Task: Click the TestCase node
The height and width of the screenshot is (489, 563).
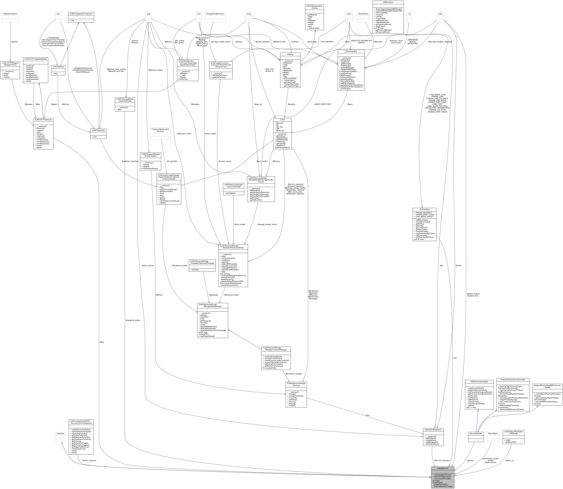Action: [x=60, y=433]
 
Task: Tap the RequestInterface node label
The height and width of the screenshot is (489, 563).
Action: [x=10, y=14]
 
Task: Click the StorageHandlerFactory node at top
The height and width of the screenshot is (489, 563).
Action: [x=215, y=14]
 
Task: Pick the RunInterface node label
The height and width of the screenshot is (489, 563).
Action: [x=363, y=14]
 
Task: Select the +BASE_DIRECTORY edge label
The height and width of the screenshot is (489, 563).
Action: [x=323, y=104]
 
